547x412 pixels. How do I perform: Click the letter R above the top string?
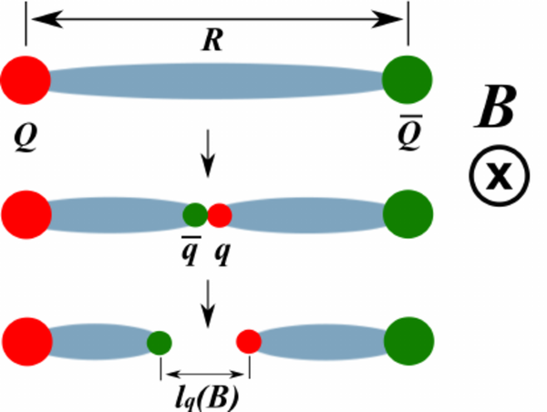click(x=212, y=40)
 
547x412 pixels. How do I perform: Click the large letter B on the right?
click(x=497, y=110)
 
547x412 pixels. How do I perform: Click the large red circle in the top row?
click(x=25, y=79)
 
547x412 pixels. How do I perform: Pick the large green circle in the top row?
click(x=407, y=79)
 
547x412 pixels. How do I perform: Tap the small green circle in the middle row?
click(x=194, y=216)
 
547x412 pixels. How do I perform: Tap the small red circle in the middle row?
click(x=220, y=216)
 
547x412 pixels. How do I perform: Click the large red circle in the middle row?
click(x=26, y=215)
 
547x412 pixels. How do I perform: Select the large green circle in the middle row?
click(x=407, y=215)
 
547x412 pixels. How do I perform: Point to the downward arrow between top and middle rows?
click(x=211, y=157)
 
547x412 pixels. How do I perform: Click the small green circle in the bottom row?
click(x=160, y=343)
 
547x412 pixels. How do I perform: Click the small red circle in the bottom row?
click(x=249, y=343)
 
